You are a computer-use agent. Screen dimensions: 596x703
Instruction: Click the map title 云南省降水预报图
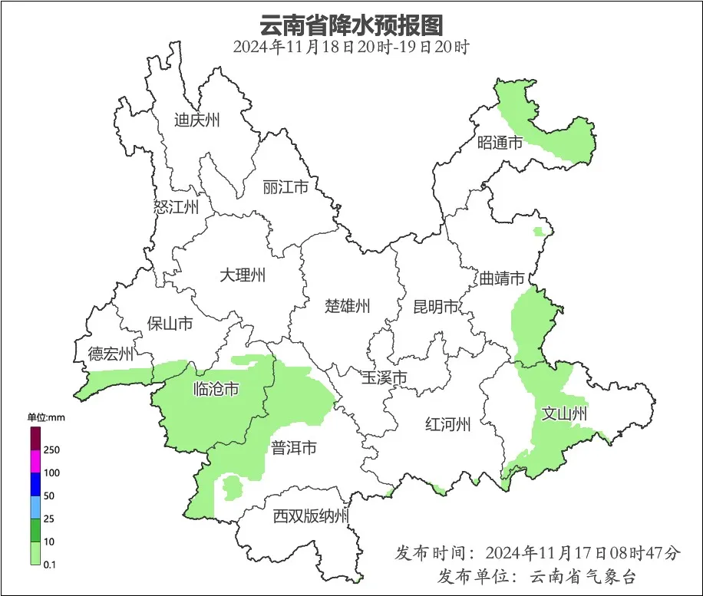[351, 25]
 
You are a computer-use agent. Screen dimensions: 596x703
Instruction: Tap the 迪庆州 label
[196, 120]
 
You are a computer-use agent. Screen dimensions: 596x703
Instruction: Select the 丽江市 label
[285, 187]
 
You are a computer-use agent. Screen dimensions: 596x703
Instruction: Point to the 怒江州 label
[176, 207]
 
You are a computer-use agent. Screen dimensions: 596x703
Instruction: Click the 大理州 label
[243, 275]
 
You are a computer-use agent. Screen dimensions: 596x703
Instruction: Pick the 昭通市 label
[500, 142]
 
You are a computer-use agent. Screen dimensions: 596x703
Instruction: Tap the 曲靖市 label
[503, 278]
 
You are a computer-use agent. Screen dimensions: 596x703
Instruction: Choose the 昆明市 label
[435, 308]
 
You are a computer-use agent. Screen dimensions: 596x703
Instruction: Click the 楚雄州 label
[347, 307]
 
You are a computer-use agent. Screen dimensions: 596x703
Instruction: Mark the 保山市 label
[170, 324]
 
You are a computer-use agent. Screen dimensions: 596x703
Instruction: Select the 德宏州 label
[111, 354]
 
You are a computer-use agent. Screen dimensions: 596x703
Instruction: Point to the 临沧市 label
[215, 390]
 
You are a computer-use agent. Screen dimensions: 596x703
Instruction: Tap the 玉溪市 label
[384, 377]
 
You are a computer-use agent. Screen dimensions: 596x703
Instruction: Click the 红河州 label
[448, 424]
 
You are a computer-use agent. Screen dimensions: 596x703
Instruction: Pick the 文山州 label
[564, 414]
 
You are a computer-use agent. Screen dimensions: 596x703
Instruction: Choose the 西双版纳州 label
[311, 516]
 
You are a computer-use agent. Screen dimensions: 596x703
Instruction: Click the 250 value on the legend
[52, 449]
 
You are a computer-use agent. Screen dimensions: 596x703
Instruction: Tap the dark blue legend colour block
[35, 484]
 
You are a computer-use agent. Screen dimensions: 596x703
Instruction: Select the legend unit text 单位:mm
[45, 417]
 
